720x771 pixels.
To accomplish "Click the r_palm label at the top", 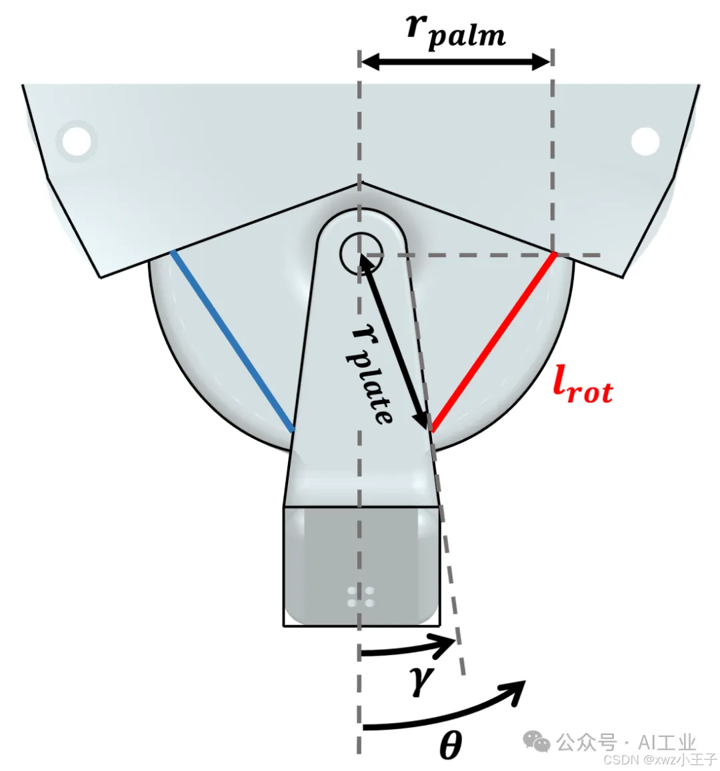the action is [x=456, y=30].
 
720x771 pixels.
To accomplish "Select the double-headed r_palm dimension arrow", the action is [x=456, y=63].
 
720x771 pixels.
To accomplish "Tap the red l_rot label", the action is [x=583, y=386].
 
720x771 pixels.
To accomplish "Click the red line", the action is [x=493, y=342].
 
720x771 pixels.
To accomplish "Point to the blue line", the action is [x=233, y=341].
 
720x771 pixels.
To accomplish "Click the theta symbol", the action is [x=451, y=744].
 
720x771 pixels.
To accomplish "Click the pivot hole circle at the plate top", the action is [x=361, y=253].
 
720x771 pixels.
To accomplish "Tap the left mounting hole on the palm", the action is [x=77, y=141].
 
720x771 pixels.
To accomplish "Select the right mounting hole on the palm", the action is [x=645, y=141].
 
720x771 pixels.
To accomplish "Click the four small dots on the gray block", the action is [x=361, y=597].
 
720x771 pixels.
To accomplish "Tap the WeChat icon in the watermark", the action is [x=537, y=740].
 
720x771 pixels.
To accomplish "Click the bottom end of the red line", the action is [x=433, y=430].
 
